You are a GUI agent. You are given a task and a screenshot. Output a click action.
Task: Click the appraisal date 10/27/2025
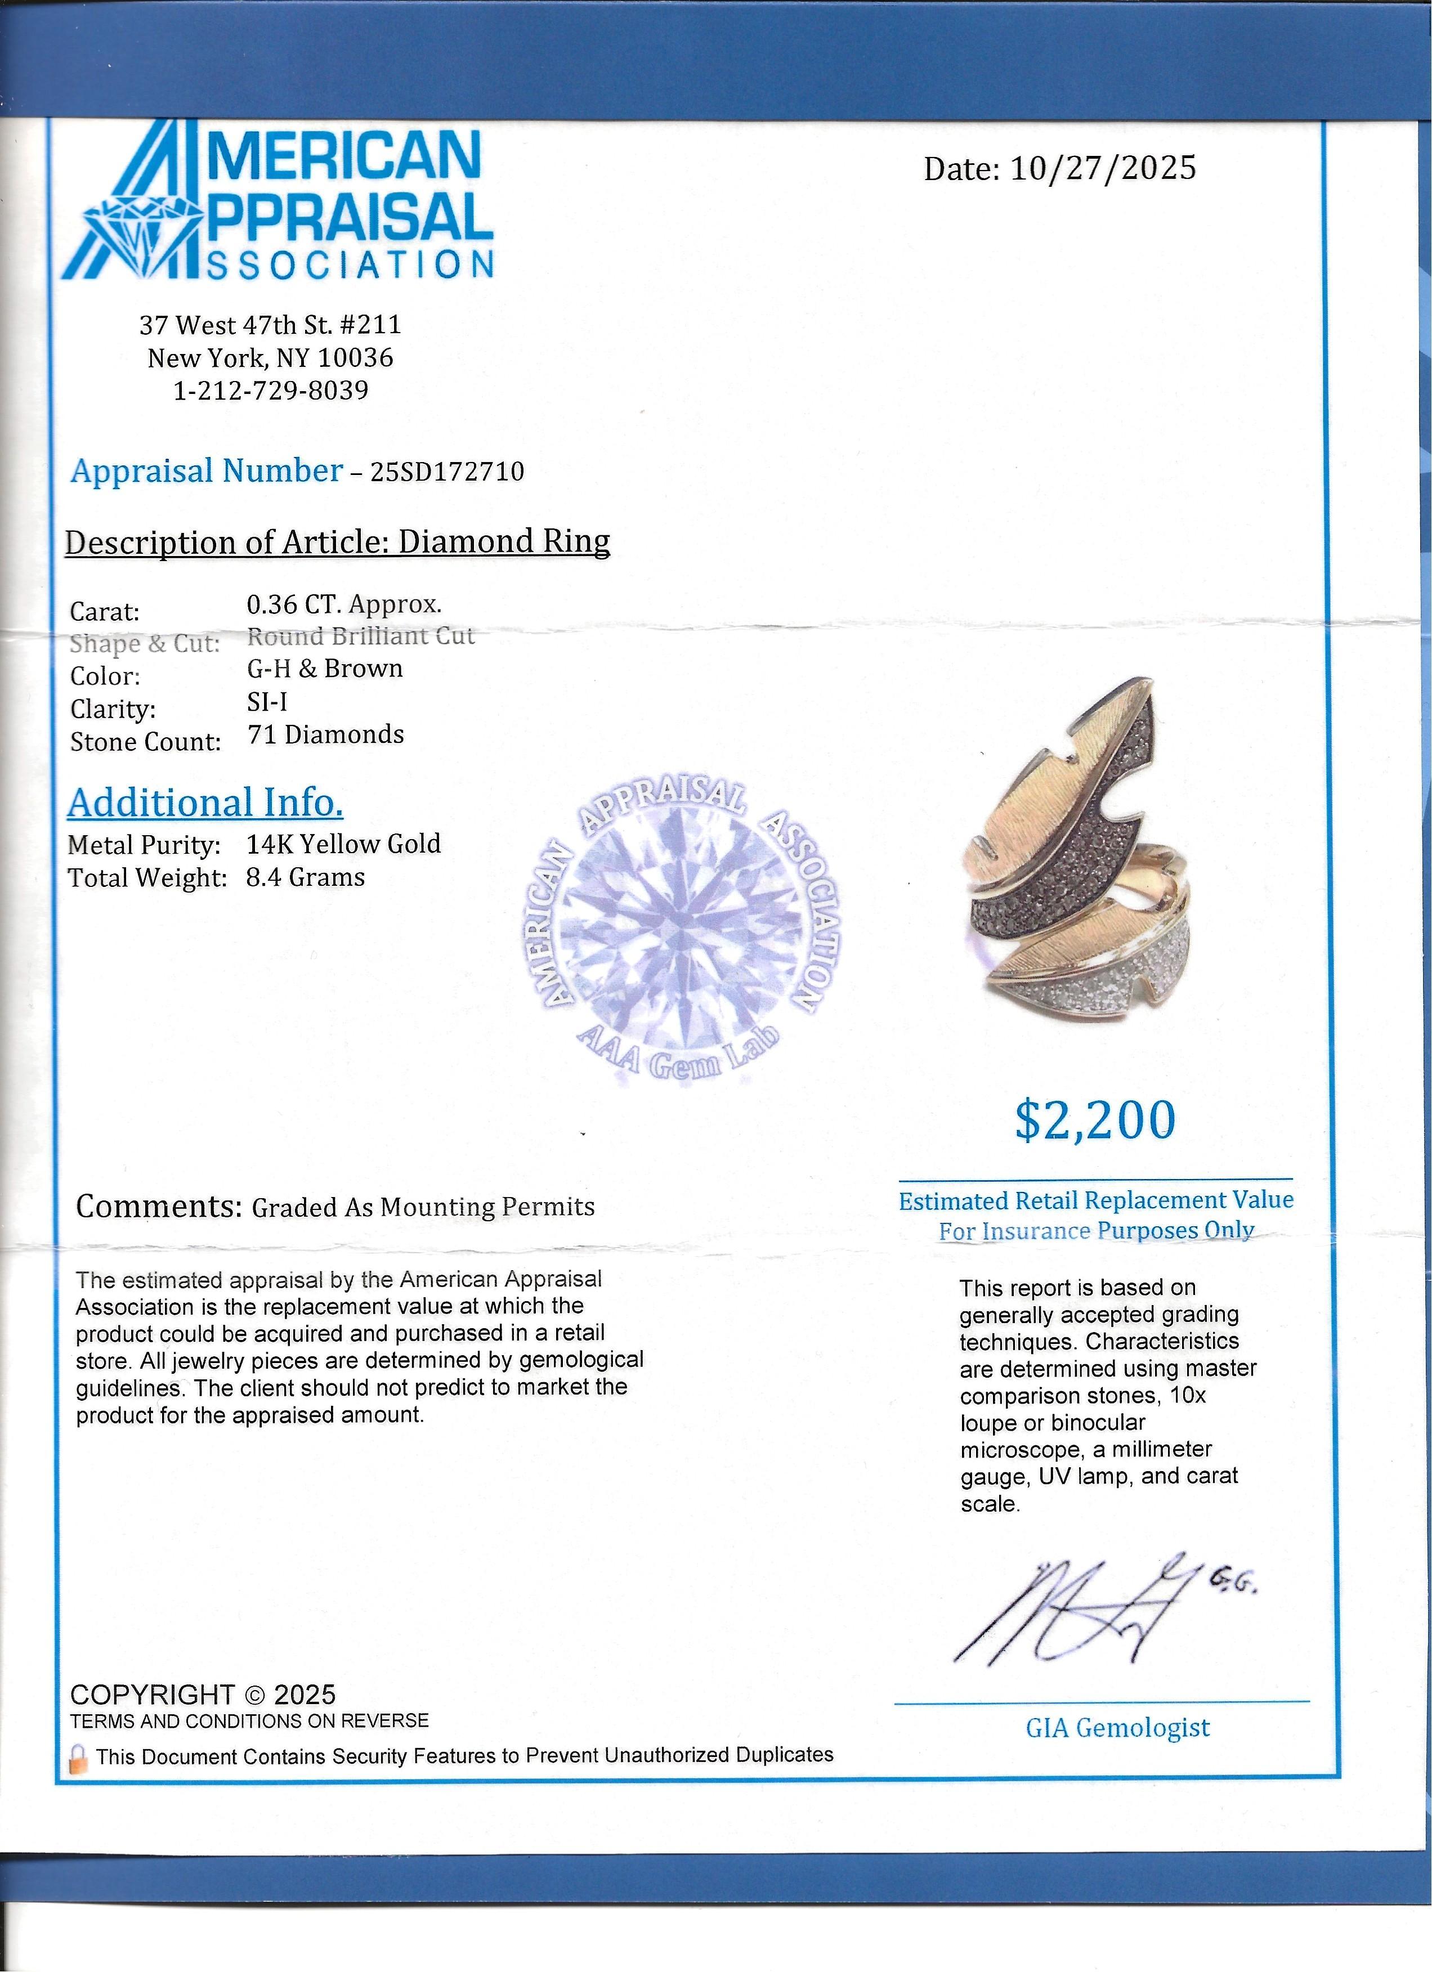[x=1103, y=168]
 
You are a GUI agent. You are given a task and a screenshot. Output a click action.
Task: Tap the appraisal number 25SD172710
[x=447, y=471]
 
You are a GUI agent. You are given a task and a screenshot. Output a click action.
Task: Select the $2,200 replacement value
[x=1095, y=1120]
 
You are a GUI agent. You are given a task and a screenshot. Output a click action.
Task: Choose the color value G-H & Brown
[x=324, y=669]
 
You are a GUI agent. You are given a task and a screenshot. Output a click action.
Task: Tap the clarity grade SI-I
[x=267, y=702]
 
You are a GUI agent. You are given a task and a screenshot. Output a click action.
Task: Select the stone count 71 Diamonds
[x=326, y=735]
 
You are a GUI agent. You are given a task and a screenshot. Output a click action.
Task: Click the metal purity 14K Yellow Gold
[x=343, y=844]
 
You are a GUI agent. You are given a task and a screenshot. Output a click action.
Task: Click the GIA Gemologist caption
[x=1117, y=1728]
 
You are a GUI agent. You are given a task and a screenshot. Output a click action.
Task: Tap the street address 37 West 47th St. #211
[x=270, y=325]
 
